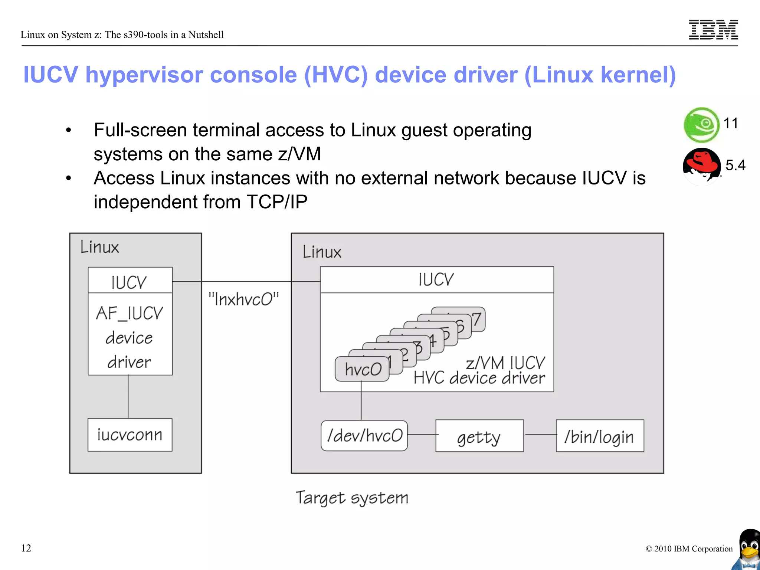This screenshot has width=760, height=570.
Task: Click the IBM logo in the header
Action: tap(713, 30)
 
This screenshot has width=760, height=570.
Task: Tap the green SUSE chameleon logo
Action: tap(701, 125)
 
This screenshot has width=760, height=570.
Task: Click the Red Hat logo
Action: tap(701, 166)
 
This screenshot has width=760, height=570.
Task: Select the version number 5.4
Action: tap(735, 165)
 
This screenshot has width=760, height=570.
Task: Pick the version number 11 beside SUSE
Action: tap(730, 123)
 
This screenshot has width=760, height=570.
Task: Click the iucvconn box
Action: tap(130, 435)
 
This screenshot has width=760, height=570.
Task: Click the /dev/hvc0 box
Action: tap(364, 436)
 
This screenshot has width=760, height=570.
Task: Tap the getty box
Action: tap(479, 436)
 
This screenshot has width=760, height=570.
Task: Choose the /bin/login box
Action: tap(599, 436)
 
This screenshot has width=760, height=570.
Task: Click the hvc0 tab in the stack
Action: tap(362, 369)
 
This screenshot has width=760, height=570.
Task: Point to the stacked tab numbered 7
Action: tap(477, 319)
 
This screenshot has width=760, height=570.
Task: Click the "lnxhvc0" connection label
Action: tap(243, 299)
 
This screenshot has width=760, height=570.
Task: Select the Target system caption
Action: tap(351, 498)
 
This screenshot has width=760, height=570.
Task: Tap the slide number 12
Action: tap(26, 548)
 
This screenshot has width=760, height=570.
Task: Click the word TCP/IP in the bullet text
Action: tap(277, 202)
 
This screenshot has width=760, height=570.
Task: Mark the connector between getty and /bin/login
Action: tap(540, 435)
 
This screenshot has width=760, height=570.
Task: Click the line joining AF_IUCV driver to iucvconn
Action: tap(128, 396)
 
